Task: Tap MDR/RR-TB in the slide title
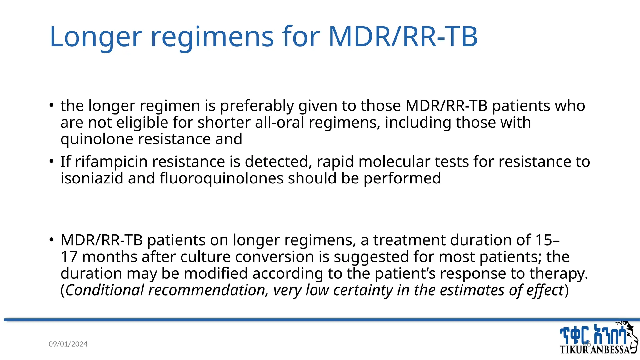[403, 37]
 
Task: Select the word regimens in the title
[212, 37]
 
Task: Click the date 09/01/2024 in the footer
[68, 344]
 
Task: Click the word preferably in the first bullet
[257, 106]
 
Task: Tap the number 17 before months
[69, 257]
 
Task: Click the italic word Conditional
[104, 290]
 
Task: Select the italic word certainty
[363, 290]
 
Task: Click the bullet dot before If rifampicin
[52, 162]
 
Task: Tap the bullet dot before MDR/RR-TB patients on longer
[52, 240]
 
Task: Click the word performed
[402, 178]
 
